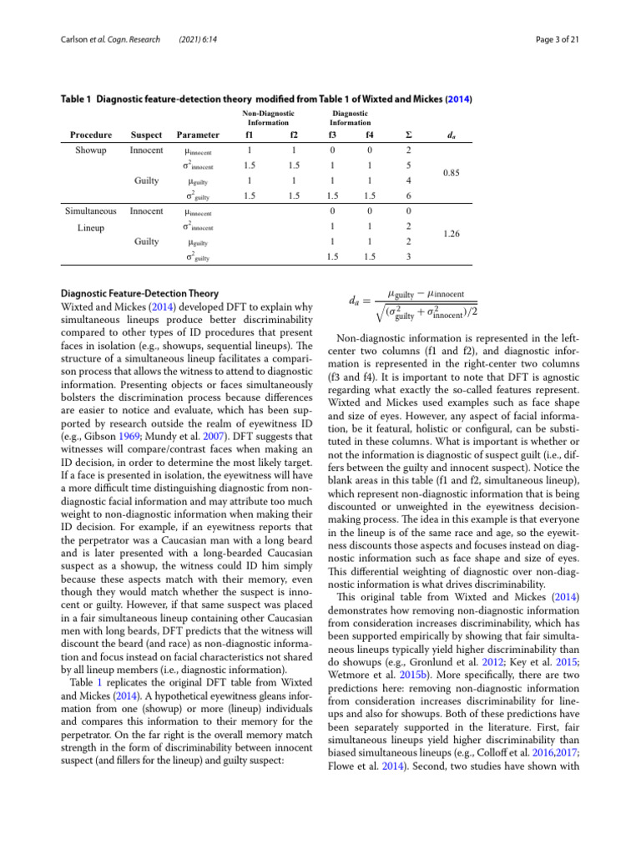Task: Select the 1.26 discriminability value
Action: (451, 235)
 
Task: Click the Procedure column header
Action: (91, 134)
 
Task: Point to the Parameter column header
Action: (198, 134)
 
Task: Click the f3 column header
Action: (333, 134)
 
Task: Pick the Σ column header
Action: (406, 134)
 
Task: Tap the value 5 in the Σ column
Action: (406, 165)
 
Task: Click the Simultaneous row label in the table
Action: (91, 211)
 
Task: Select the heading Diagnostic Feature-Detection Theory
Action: (141, 293)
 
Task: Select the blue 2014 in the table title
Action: (457, 99)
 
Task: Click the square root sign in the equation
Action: (378, 314)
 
